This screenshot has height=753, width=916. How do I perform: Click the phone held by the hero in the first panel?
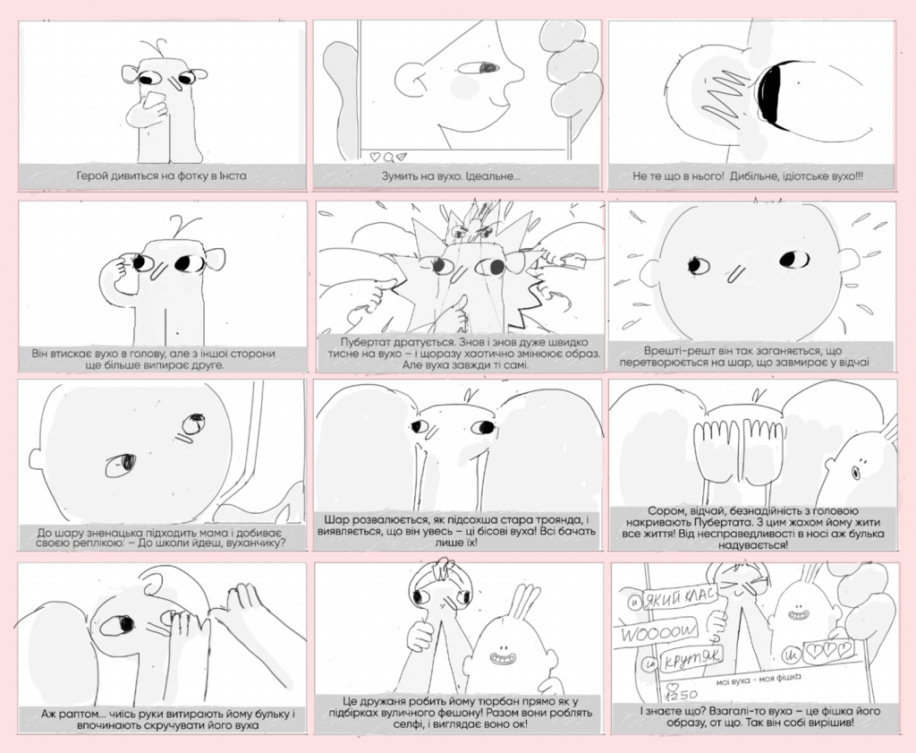pos(154,100)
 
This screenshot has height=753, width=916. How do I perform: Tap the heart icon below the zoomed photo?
pos(375,157)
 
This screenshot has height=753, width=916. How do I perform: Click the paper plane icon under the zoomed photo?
pos(402,157)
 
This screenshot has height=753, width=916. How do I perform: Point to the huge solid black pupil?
pos(772,93)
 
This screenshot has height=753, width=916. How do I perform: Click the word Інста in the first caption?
pos(233,175)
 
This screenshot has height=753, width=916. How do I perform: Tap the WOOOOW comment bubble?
pos(658,631)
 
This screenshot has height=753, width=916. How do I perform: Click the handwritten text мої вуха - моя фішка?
pos(759,680)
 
